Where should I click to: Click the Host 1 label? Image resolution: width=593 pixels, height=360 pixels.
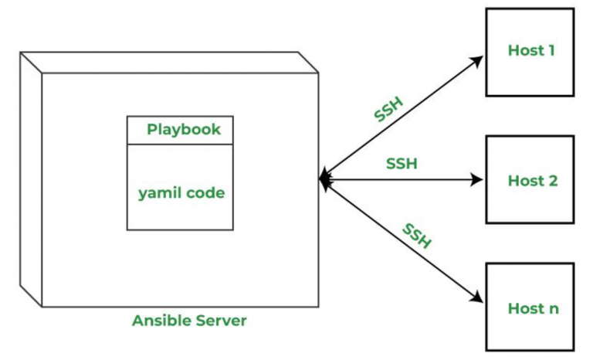click(x=531, y=50)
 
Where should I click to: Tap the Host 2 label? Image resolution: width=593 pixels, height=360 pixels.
click(x=533, y=181)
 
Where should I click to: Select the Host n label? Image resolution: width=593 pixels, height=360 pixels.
click(x=533, y=308)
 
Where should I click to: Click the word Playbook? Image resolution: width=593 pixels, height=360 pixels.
click(x=184, y=130)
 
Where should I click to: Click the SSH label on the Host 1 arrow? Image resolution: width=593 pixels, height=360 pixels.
click(x=388, y=110)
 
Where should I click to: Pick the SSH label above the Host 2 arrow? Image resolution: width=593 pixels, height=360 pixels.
click(x=402, y=164)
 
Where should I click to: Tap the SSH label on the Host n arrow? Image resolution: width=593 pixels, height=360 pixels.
click(x=417, y=236)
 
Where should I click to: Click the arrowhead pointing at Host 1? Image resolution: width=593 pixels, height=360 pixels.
click(x=477, y=61)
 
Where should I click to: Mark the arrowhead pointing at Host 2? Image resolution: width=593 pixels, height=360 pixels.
click(x=476, y=179)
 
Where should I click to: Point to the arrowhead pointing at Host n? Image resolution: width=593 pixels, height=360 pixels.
click(x=476, y=297)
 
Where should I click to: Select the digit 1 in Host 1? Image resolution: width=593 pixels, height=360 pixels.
click(x=551, y=50)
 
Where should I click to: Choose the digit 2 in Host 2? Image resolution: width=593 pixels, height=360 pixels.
click(x=553, y=181)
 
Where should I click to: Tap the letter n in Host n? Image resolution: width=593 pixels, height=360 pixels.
click(x=554, y=309)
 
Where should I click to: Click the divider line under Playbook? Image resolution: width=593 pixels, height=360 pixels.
click(x=180, y=144)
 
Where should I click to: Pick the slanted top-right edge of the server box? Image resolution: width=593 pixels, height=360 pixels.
click(x=308, y=62)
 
